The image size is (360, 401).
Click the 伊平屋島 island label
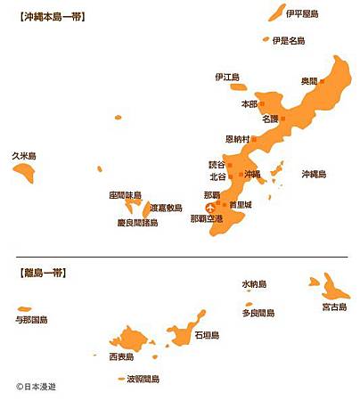point(303,12)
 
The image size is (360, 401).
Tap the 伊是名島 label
point(288,40)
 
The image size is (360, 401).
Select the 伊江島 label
point(227,77)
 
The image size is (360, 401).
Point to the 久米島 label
point(23,154)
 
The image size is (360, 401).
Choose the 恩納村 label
point(237,139)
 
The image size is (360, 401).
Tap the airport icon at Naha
point(210,209)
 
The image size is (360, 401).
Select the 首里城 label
point(241,205)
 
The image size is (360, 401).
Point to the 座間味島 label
point(125,194)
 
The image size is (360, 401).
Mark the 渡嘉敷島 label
point(165,208)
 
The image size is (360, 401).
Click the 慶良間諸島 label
point(137,223)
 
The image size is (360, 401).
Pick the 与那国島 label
point(31,319)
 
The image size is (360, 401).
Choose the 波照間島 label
point(143,379)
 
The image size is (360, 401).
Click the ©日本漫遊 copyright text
point(41,387)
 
